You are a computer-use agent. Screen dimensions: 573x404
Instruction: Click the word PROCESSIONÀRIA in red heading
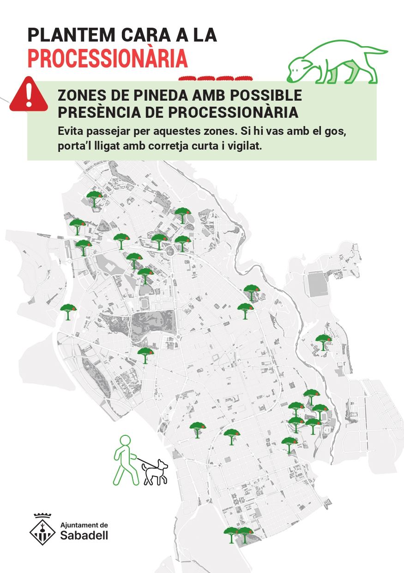pyautogui.click(x=108, y=58)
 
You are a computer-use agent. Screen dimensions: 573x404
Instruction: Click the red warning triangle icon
pyautogui.click(x=29, y=95)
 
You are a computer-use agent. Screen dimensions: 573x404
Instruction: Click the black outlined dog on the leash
pyautogui.click(x=156, y=472)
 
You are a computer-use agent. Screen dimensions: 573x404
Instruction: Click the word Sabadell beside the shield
pyautogui.click(x=84, y=535)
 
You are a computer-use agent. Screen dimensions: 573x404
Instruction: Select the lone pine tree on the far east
pyautogui.click(x=323, y=342)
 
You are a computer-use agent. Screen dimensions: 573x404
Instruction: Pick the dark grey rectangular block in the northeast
pyautogui.click(x=317, y=284)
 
